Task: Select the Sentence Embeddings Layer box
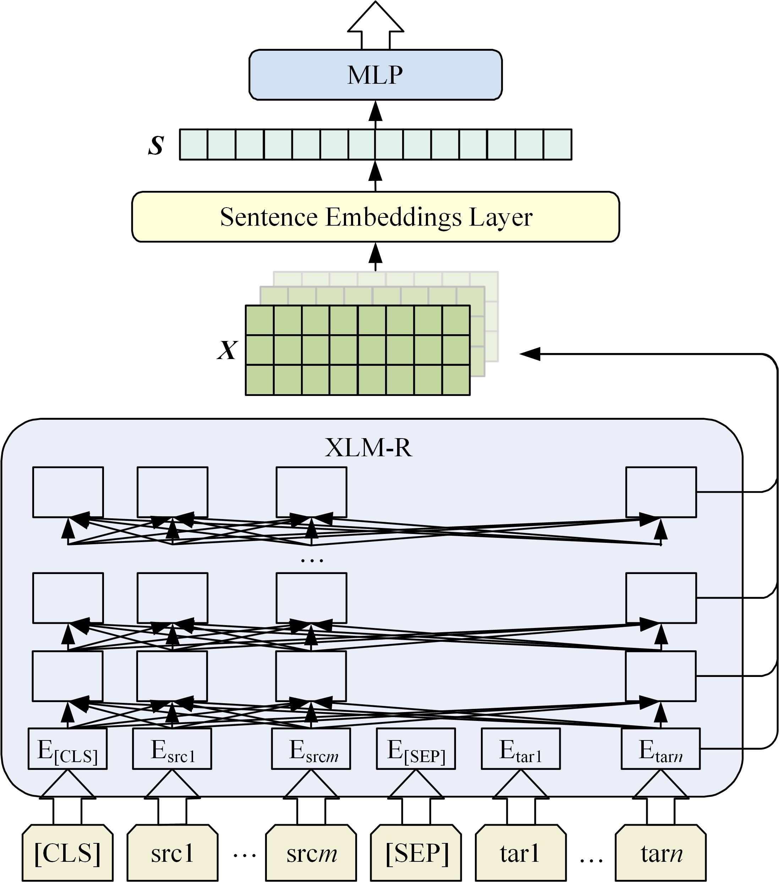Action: click(375, 217)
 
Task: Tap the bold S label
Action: click(156, 145)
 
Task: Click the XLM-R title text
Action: click(368, 447)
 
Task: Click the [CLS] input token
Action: click(68, 854)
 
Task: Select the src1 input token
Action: click(172, 854)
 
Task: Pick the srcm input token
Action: click(311, 854)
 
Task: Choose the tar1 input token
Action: click(521, 854)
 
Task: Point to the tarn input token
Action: click(661, 854)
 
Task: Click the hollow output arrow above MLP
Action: click(375, 24)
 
